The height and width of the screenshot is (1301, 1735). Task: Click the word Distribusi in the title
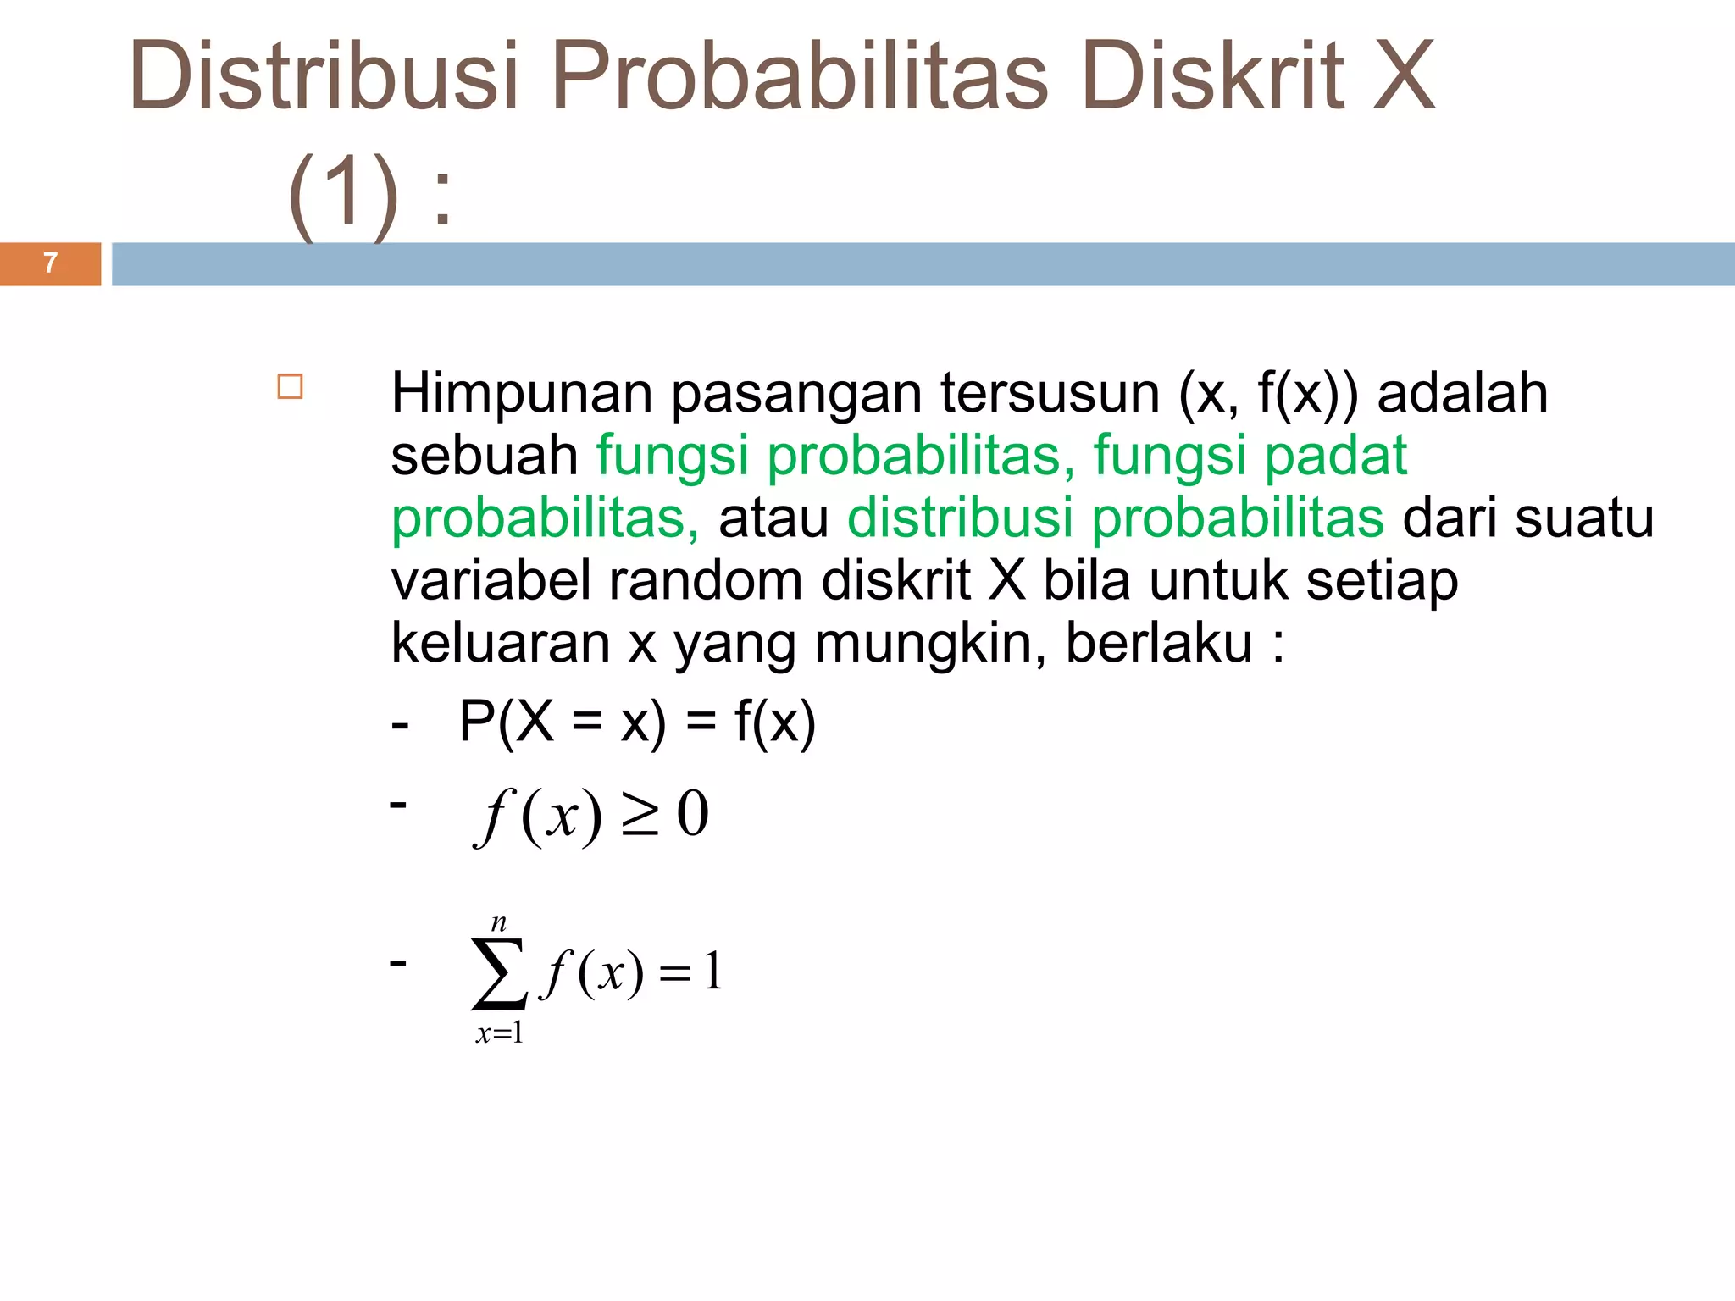click(323, 76)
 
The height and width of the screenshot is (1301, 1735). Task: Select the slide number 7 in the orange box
click(51, 263)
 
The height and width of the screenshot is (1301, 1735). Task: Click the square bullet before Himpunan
click(291, 387)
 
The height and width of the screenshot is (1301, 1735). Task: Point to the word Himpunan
click(521, 394)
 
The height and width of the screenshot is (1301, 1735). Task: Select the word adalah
click(1462, 394)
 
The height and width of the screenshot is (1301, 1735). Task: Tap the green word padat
click(1335, 456)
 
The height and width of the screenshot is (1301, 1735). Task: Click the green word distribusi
click(960, 518)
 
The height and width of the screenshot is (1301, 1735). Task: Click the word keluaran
click(500, 643)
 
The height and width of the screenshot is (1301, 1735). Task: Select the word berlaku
click(1158, 643)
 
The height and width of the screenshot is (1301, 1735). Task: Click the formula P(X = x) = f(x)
click(637, 722)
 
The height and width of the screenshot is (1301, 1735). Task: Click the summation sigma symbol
click(499, 973)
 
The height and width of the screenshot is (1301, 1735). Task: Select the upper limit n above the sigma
click(499, 922)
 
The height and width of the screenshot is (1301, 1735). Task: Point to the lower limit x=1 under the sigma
click(500, 1033)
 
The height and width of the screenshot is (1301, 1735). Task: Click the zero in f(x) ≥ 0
click(692, 814)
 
